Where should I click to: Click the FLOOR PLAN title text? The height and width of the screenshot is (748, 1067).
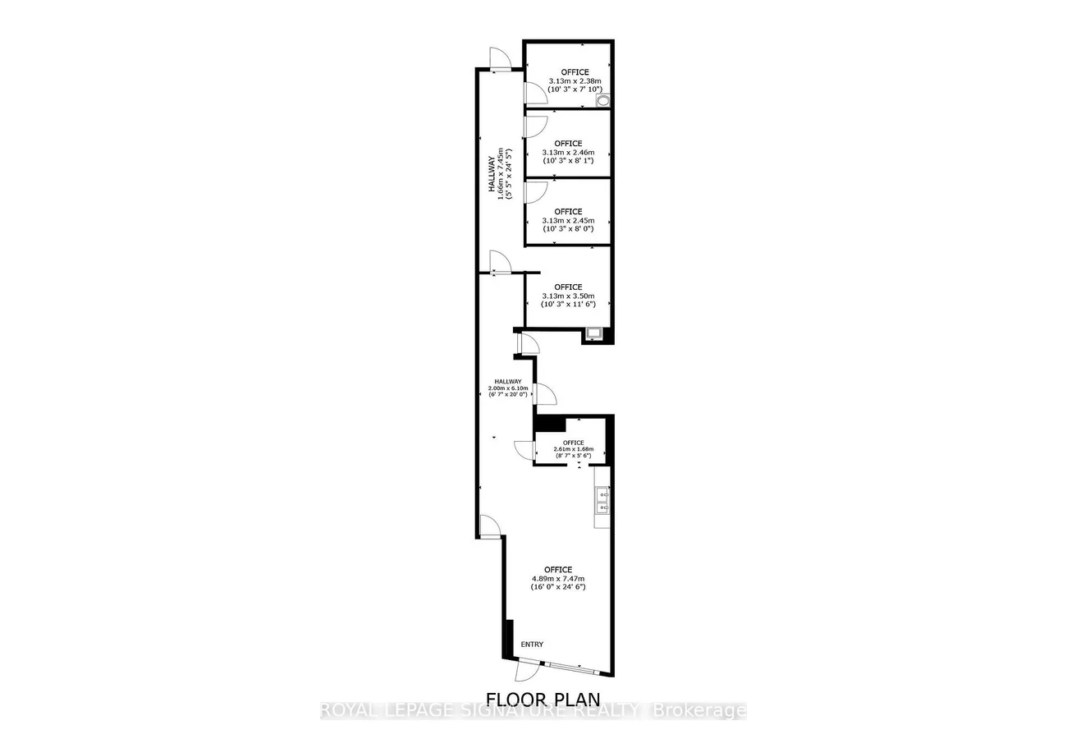point(543,699)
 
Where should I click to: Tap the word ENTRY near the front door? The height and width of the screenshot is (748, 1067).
point(532,645)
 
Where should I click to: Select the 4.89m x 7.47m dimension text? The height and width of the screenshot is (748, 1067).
point(558,578)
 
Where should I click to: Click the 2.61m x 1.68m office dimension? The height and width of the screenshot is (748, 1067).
point(574,449)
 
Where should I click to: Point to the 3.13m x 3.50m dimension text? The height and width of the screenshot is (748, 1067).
point(568,296)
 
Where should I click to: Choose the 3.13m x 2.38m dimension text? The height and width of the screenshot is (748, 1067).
point(575,81)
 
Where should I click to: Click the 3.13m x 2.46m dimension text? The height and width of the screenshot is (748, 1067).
point(568,153)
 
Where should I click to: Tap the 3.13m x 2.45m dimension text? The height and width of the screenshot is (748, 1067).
point(568,221)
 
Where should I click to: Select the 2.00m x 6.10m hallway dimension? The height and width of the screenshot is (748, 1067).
point(508,388)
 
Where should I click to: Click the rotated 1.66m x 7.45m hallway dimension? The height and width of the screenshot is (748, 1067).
point(501,174)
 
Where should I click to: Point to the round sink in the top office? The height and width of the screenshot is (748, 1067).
point(603,100)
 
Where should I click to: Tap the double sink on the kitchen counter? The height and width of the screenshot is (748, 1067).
point(602,501)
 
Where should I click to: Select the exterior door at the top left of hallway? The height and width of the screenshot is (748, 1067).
point(500,60)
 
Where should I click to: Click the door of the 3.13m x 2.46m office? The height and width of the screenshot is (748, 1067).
point(535,126)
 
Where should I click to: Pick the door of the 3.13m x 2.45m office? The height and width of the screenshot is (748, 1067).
point(535,192)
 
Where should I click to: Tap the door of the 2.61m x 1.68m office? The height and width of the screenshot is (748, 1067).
point(525,450)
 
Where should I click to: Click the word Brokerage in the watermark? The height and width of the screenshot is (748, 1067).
point(698,710)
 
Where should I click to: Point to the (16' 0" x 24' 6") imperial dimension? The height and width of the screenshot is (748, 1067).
point(558,586)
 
